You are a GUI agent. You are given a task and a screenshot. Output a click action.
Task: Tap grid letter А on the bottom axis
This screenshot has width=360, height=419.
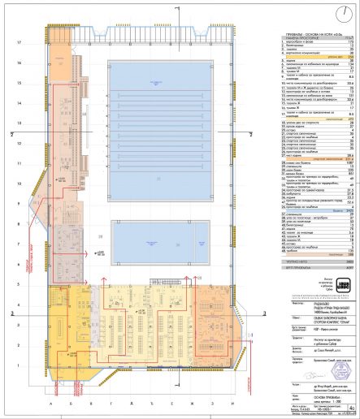tap(50, 404)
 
